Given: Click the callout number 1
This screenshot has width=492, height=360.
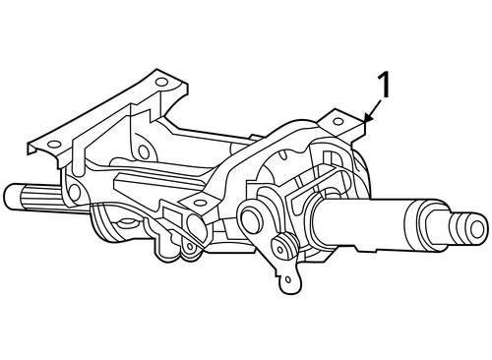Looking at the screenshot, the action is (384, 86).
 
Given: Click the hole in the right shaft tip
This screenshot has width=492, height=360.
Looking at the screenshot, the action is (478, 231).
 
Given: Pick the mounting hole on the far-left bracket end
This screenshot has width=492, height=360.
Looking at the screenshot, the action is (40, 147).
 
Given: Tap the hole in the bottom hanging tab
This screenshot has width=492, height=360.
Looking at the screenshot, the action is (287, 282).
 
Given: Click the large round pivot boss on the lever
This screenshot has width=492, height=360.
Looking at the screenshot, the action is (251, 215).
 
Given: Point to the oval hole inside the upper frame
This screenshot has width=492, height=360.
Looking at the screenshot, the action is (145, 152).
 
